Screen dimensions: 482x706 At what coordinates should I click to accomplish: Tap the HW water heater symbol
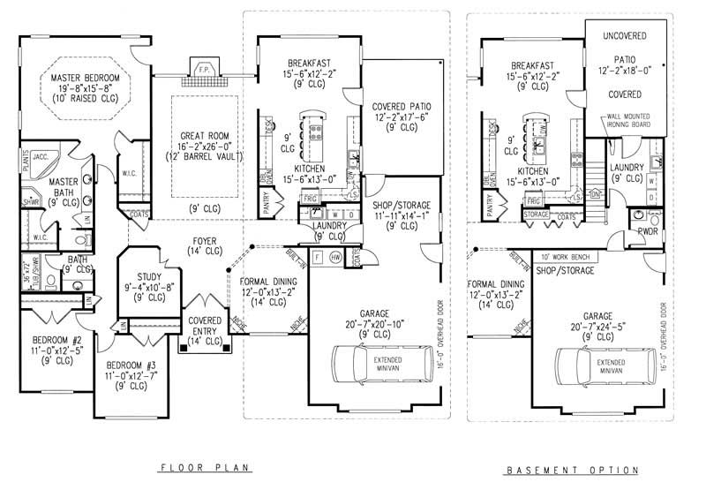335,257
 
